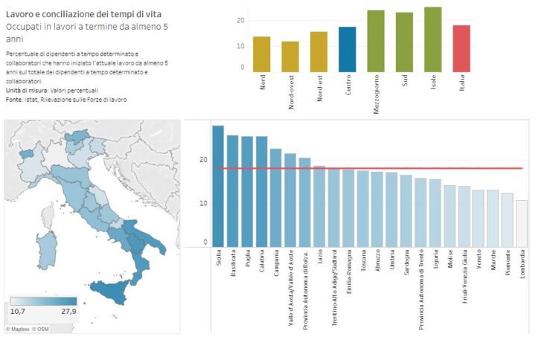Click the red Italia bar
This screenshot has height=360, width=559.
461,48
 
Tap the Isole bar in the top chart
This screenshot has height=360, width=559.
433,39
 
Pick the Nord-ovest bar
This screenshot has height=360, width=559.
290,56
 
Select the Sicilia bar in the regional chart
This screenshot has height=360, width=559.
218,186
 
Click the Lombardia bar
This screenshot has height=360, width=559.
522,223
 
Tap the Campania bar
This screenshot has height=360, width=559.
275,197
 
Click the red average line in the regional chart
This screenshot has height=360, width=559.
372,168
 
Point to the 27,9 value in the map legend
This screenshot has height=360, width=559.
68,311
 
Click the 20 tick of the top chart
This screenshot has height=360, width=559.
240,20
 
